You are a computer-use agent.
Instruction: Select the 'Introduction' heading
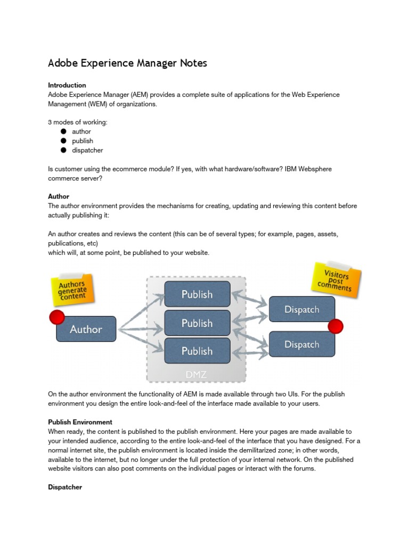[67, 85]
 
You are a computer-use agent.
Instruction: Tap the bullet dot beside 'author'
[63, 131]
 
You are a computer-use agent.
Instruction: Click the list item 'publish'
[83, 141]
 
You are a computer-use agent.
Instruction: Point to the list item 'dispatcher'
[87, 151]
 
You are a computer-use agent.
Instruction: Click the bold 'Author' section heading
[59, 196]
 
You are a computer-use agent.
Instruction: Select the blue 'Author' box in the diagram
[86, 329]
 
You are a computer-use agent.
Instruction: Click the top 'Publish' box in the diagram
[197, 294]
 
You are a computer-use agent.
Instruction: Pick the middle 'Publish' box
[197, 323]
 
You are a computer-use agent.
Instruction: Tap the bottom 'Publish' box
[197, 351]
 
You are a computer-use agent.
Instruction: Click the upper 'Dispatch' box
[301, 310]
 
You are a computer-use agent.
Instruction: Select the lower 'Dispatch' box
[301, 344]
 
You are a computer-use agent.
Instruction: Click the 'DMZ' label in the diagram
[197, 374]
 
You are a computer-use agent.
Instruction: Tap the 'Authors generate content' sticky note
[72, 290]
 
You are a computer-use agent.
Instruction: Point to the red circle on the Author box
[56, 318]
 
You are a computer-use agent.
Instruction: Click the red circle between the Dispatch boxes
[336, 326]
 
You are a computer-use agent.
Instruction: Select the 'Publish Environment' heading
[80, 422]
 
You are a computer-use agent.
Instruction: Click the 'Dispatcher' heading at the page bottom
[65, 487]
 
